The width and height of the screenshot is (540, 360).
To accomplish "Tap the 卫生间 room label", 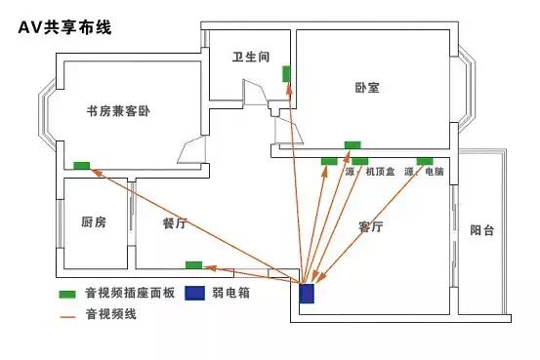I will click(251, 59).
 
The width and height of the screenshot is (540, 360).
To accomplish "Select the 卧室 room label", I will click(367, 88).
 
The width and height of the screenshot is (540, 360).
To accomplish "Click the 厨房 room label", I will click(94, 223).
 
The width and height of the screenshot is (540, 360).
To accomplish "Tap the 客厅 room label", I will click(370, 226).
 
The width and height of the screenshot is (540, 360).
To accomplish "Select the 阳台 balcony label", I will click(482, 231).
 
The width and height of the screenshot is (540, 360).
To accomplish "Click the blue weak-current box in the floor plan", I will click(308, 293).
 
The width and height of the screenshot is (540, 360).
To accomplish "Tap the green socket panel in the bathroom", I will click(286, 73).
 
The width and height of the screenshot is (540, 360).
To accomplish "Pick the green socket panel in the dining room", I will click(193, 264).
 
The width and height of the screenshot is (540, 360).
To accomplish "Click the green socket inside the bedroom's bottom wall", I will click(352, 145).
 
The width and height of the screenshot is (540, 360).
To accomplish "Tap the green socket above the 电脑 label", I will click(424, 160).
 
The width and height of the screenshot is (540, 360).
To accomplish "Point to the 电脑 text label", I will click(435, 172).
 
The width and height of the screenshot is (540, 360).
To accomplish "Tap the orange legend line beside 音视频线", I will click(67, 316).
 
